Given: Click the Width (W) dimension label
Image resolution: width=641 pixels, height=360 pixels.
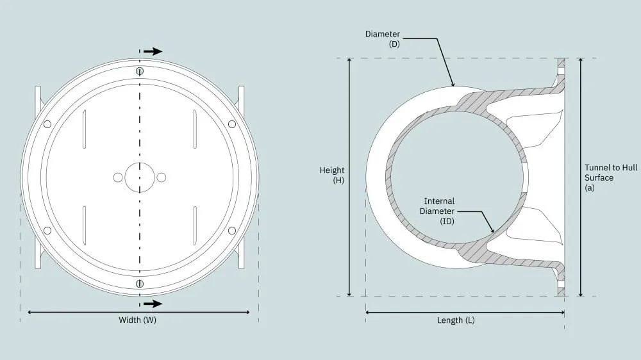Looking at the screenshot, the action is [137, 320].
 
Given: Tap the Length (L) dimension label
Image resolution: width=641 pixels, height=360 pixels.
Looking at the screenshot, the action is [456, 320].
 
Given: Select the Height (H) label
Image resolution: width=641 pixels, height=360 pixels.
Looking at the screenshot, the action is [332, 175].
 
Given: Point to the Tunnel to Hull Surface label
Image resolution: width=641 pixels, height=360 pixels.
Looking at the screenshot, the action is [611, 177].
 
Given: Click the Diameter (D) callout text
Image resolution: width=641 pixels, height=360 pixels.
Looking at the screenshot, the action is [383, 39].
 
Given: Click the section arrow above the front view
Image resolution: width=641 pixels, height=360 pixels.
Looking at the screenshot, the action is [153, 51].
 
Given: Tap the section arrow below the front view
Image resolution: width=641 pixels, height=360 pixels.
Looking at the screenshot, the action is [153, 304].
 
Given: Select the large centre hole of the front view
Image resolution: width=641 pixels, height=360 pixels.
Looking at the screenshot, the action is [139, 177].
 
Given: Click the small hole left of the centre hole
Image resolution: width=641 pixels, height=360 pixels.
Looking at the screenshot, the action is [118, 177].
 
